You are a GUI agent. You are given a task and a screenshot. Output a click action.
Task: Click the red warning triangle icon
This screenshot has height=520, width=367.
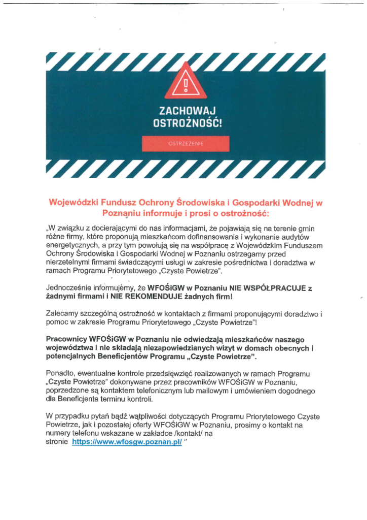coord(186,84)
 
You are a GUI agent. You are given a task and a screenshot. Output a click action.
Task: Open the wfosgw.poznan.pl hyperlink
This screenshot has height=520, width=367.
coord(127,442)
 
